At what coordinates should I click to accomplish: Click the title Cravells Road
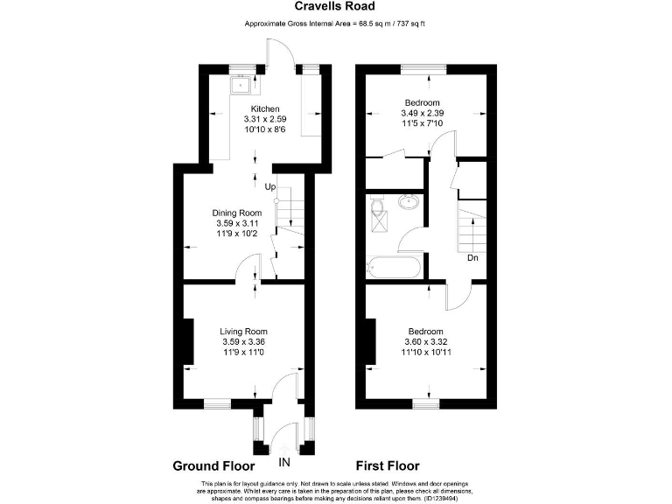coord(336,9)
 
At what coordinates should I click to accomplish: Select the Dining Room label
coord(237,213)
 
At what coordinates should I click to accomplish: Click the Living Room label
coord(243,332)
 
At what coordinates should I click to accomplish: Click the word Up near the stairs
coord(270,186)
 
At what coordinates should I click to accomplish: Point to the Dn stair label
coord(472,258)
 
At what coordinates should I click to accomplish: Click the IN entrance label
coord(284,462)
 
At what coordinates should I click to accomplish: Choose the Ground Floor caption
coord(213,465)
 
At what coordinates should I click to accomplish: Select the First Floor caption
coord(390,465)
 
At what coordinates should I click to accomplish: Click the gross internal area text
coord(335,24)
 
